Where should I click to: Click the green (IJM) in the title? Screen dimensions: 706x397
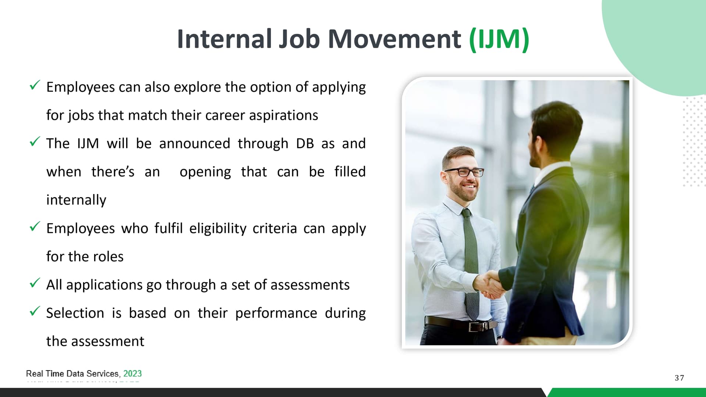click(499, 39)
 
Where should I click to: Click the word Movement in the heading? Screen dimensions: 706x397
click(394, 39)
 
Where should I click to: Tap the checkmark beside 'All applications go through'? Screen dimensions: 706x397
click(35, 283)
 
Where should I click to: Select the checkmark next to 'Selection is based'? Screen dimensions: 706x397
click(35, 311)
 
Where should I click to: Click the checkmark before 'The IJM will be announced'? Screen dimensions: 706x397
click(35, 142)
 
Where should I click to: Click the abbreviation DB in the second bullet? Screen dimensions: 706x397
click(305, 143)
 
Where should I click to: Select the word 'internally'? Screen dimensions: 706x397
click(76, 200)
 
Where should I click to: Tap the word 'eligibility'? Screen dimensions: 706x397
click(218, 229)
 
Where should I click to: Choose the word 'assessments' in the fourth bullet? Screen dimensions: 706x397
click(310, 285)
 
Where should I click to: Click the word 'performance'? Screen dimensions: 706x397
click(276, 314)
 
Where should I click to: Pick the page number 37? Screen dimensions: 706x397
click(680, 378)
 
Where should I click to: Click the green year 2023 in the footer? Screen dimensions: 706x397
click(132, 373)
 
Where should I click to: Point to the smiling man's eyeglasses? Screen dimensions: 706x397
click(464, 172)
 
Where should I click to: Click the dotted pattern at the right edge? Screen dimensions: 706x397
click(694, 142)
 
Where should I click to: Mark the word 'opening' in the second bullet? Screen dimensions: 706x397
click(205, 172)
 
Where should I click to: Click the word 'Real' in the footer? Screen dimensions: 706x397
click(35, 373)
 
